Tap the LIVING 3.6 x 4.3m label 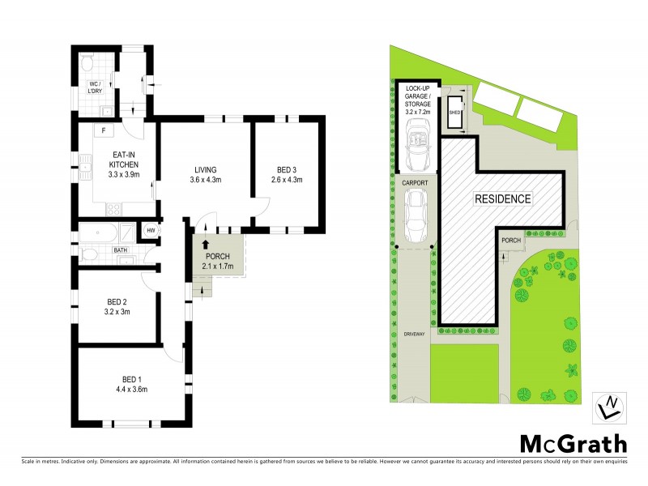(x=205, y=174)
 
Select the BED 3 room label (x=286, y=174)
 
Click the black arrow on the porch (x=205, y=243)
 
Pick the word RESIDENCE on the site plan (x=502, y=198)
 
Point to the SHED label (x=454, y=113)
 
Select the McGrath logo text (x=573, y=443)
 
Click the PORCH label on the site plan (x=511, y=241)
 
